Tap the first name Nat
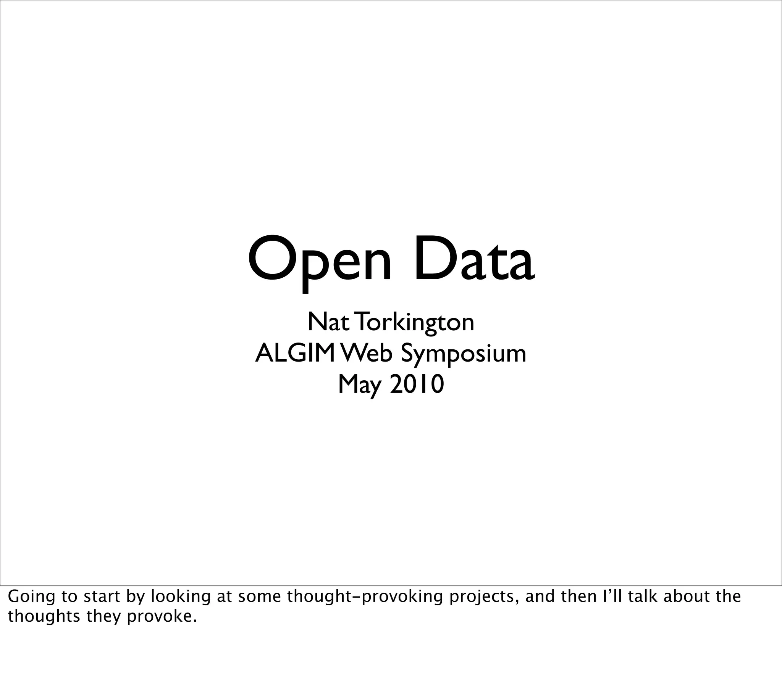click(328, 322)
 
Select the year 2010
click(417, 384)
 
